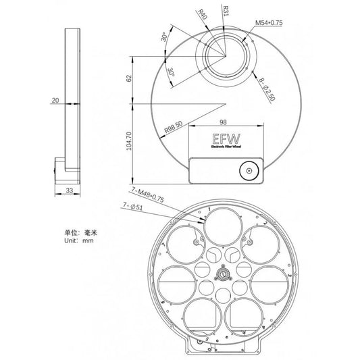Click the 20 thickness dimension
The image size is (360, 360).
click(55, 101)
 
